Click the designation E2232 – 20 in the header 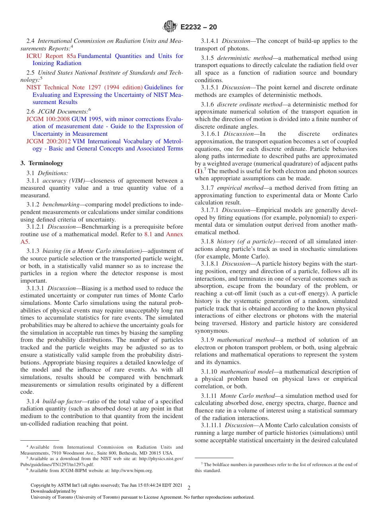[199, 27]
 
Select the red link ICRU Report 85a [51, 56]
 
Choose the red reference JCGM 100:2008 [48, 119]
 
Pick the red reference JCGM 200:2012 [48, 141]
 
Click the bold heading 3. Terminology [42, 163]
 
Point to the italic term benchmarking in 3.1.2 [61, 204]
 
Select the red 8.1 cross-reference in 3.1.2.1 [148, 234]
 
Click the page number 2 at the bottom [189, 488]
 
